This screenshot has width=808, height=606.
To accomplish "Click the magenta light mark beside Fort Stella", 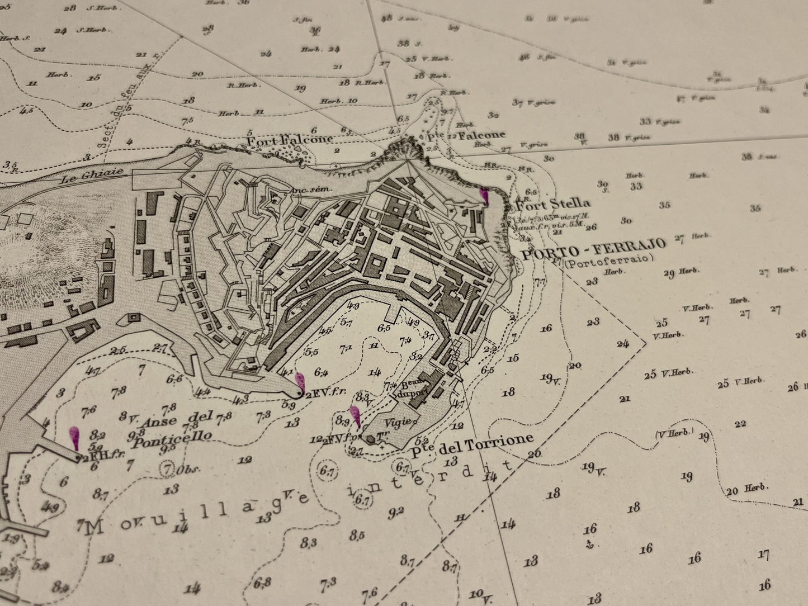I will [x=484, y=197].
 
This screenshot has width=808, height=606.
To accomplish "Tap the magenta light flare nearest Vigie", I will [x=355, y=416].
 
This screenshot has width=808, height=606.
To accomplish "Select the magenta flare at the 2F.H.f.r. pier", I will [x=74, y=438].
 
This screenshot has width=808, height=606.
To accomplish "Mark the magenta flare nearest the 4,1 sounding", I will [x=300, y=382].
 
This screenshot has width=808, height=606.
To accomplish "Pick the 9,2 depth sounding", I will [x=395, y=511].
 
